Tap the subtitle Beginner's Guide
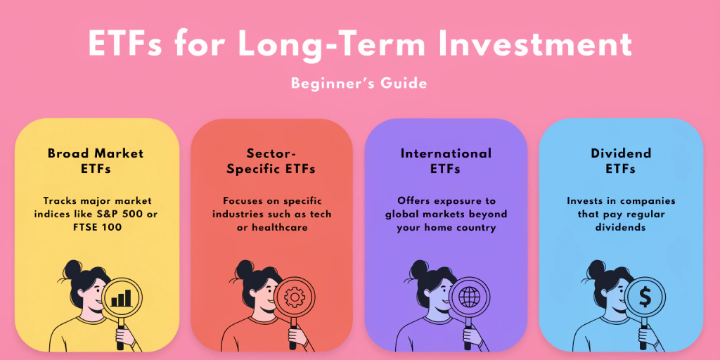[359, 83]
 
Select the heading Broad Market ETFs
[96, 161]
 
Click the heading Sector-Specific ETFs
[271, 161]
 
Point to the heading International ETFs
[446, 161]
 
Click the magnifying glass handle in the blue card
[643, 330]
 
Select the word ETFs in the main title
[125, 45]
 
